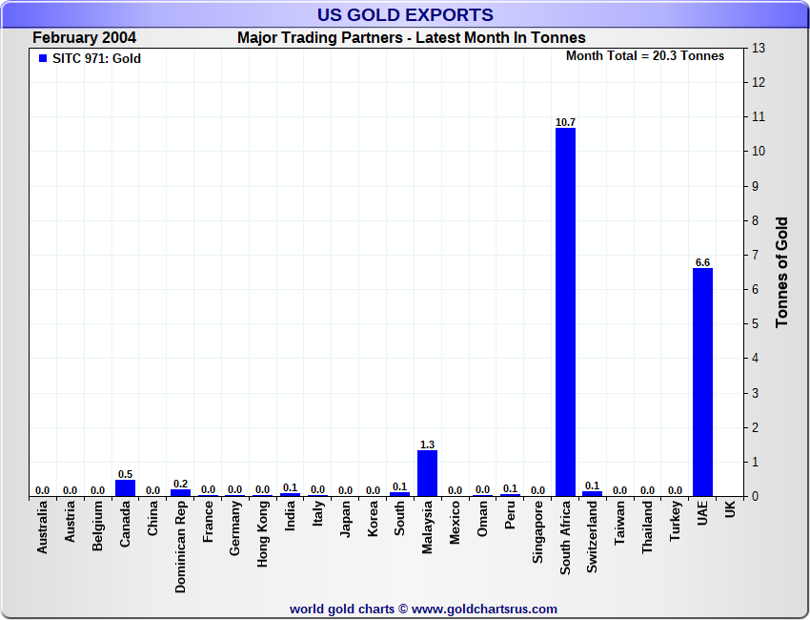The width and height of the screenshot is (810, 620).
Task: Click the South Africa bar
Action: pyautogui.click(x=565, y=312)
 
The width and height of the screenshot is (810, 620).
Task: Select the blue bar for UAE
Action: pyautogui.click(x=702, y=382)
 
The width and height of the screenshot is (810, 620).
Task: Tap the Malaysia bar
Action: pyautogui.click(x=427, y=473)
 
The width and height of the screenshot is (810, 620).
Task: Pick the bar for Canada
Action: pyautogui.click(x=125, y=487)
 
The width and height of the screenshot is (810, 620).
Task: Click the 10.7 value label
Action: pyautogui.click(x=565, y=122)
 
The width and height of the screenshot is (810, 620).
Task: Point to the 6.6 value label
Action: pyautogui.click(x=702, y=262)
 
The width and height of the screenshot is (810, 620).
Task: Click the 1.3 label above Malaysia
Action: pyautogui.click(x=427, y=444)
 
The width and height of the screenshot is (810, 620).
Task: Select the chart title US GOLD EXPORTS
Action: pyautogui.click(x=405, y=14)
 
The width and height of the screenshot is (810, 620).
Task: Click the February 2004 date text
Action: pyautogui.click(x=84, y=38)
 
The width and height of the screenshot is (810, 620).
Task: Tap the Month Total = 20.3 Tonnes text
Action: pyautogui.click(x=644, y=56)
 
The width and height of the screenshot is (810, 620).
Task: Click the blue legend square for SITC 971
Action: pyautogui.click(x=42, y=58)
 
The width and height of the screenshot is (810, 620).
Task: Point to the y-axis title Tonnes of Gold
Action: pyautogui.click(x=781, y=272)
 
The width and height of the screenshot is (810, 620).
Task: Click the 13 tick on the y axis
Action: pyautogui.click(x=759, y=48)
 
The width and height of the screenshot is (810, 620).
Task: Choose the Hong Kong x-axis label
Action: pyautogui.click(x=263, y=535)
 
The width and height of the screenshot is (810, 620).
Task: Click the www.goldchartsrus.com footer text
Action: pyautogui.click(x=424, y=609)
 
